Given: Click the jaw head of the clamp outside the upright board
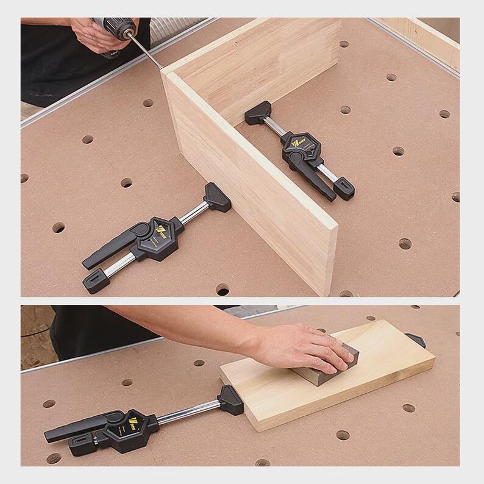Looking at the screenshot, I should pos(217,196).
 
